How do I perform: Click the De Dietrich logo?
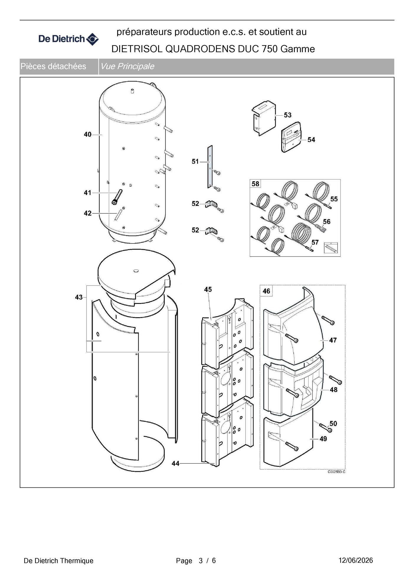68,39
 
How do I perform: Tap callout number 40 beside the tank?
88,135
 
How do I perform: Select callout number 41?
88,193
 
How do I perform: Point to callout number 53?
288,115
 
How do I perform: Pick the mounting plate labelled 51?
209,167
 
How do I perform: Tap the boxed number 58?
256,184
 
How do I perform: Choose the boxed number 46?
266,291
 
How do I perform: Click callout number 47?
333,340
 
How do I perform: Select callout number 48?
333,390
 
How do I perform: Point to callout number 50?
333,423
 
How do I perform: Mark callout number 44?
176,464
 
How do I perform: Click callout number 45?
208,289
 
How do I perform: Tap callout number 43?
79,297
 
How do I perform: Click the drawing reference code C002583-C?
337,472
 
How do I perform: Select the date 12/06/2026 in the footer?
356,560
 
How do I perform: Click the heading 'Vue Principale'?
127,66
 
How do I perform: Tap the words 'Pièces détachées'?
53,66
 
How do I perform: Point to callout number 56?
327,222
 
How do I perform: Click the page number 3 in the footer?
201,561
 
